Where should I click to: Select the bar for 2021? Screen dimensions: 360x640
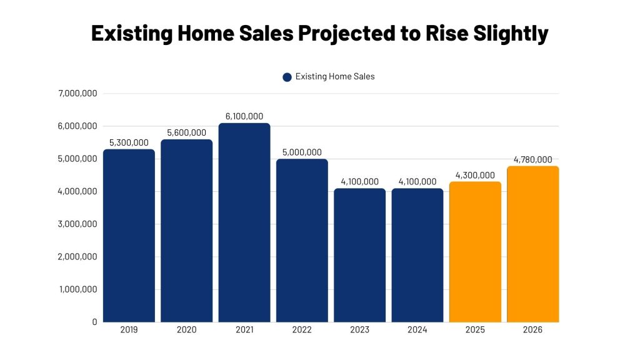pos(244,222)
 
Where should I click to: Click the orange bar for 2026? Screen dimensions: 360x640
pos(532,244)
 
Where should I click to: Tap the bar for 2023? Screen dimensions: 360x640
pos(359,255)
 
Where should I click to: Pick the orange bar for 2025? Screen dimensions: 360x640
pos(475,252)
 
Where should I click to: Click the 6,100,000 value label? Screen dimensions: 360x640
pos(244,116)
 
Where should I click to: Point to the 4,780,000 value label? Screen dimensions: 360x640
pos(532,159)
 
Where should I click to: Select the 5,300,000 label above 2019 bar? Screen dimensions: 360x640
pos(129,142)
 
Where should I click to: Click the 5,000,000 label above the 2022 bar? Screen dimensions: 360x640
pos(302,152)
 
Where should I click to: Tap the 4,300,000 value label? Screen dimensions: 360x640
pos(475,176)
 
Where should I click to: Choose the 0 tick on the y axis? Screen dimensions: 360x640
pos(94,322)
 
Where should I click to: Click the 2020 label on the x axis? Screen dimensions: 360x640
pos(186,330)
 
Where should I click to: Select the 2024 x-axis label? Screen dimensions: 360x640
pos(417,330)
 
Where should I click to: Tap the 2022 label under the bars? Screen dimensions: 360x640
pos(302,330)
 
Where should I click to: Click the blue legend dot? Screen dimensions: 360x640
pos(287,77)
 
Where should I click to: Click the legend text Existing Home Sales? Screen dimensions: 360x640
pos(335,77)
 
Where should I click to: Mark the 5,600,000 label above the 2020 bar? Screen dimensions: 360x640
pos(186,132)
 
